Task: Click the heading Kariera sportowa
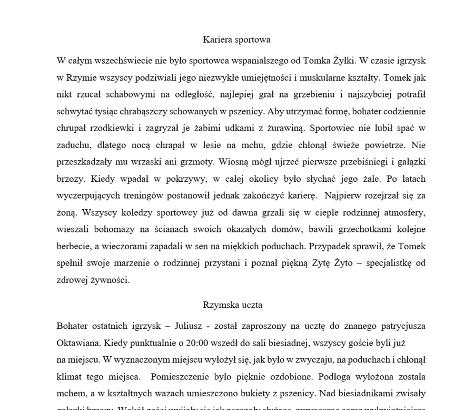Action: point(236,40)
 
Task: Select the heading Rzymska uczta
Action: point(232,305)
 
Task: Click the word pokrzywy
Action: point(169,179)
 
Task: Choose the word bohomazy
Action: point(121,229)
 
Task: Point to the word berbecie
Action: point(73,246)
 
